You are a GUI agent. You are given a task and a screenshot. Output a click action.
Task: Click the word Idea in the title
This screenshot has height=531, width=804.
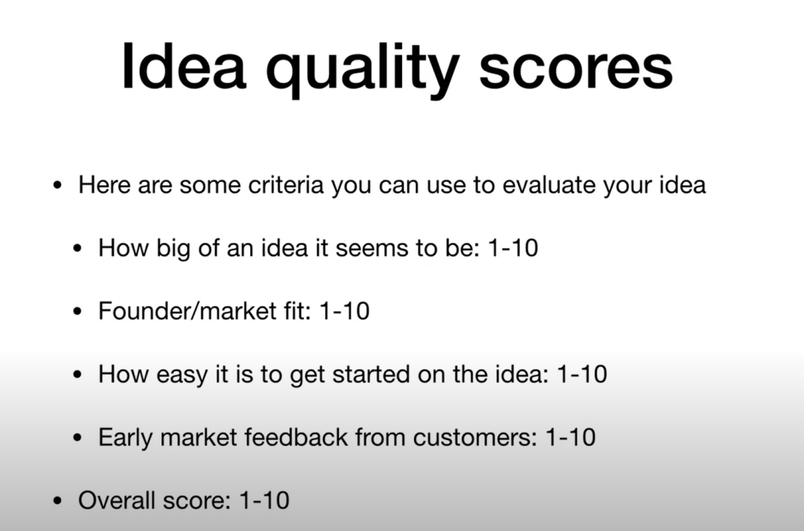[183, 67]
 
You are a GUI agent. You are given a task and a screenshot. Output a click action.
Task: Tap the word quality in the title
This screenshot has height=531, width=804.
[362, 70]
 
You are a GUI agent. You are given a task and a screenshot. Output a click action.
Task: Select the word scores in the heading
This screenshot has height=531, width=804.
[575, 70]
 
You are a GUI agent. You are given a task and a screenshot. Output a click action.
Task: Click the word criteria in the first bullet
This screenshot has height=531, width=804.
[286, 185]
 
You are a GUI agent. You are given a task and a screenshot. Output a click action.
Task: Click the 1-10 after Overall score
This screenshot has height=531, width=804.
[264, 500]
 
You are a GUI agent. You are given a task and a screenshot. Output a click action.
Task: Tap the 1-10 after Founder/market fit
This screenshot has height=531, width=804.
[344, 311]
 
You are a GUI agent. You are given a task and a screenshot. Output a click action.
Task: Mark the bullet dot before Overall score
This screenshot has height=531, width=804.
[57, 501]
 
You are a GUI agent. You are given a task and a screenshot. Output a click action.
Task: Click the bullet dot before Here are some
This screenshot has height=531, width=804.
[57, 185]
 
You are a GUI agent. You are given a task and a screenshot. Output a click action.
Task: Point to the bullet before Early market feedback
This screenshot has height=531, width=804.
[77, 438]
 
